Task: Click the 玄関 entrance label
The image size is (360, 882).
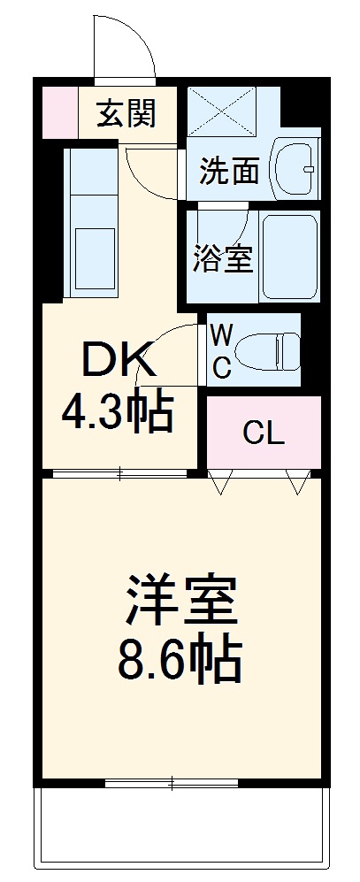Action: coord(126,113)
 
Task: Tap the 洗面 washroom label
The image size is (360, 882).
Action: coord(228,171)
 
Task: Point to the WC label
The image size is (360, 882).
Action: coord(222,351)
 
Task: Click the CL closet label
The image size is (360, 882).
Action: coord(264,433)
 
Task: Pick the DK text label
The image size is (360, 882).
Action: coord(119,361)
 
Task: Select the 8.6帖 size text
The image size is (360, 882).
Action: coord(180,659)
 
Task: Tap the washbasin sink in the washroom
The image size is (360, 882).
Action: coord(295,168)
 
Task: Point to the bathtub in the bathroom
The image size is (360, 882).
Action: coord(290,255)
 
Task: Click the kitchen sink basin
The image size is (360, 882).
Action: coord(93,255)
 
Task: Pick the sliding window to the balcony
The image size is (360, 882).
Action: coord(172,781)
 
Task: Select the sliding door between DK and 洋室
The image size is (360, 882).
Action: coord(119,473)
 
